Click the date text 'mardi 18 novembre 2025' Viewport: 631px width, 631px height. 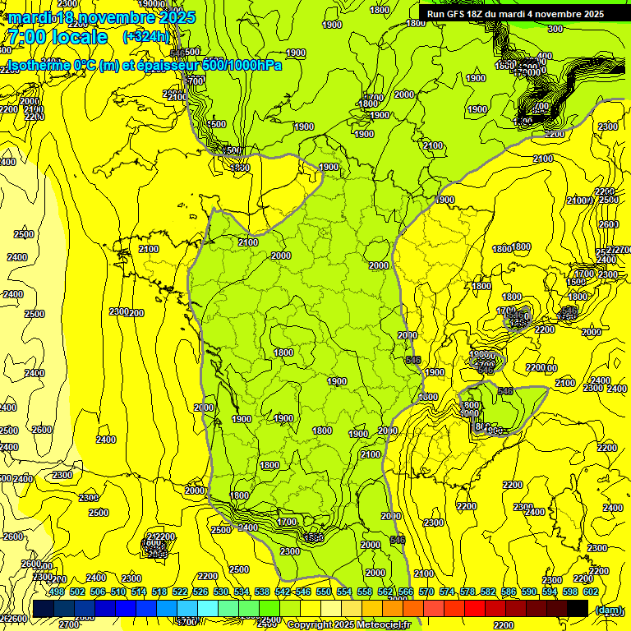(x=102, y=17)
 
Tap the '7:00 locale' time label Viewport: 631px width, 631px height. (x=57, y=37)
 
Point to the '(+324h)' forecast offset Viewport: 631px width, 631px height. (x=145, y=36)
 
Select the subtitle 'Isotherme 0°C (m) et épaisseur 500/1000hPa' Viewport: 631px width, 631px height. (x=144, y=65)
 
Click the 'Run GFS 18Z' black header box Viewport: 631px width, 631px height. (x=515, y=14)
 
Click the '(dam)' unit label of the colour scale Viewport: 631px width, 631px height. (x=608, y=610)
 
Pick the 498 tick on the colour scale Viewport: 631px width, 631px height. (x=57, y=592)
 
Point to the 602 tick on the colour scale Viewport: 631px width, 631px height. (x=590, y=592)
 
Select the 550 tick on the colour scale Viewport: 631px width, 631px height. (x=324, y=592)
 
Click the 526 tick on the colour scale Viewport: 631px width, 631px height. (x=200, y=592)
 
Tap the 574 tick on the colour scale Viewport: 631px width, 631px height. (x=447, y=592)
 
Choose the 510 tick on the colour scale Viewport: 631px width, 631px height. (x=118, y=592)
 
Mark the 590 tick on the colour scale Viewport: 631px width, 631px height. (x=529, y=592)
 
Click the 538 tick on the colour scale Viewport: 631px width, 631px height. (x=262, y=592)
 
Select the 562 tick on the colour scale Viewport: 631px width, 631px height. (x=385, y=592)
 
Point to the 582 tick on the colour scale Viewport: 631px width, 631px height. (x=488, y=592)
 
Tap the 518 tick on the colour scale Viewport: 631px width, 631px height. (x=159, y=592)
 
